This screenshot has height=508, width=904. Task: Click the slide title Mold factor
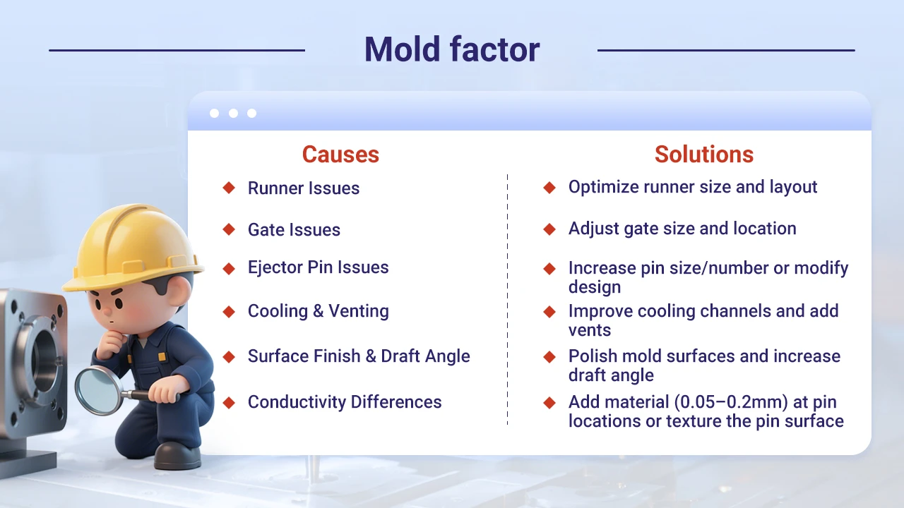pyautogui.click(x=452, y=49)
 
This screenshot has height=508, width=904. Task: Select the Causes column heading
pyautogui.click(x=340, y=155)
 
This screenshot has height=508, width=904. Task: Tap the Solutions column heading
pyautogui.click(x=703, y=155)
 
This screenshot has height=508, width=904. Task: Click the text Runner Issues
pyautogui.click(x=304, y=188)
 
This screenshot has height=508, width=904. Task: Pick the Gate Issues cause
pyautogui.click(x=294, y=230)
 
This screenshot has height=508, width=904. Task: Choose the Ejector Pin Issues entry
pyautogui.click(x=318, y=267)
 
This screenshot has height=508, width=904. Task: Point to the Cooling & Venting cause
pyautogui.click(x=318, y=311)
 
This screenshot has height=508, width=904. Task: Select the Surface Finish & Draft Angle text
pyautogui.click(x=359, y=356)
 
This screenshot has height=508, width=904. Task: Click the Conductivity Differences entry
pyautogui.click(x=345, y=402)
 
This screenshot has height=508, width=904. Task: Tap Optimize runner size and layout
pyautogui.click(x=693, y=187)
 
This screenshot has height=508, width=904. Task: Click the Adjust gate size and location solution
pyautogui.click(x=682, y=229)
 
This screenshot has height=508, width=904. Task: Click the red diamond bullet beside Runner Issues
pyautogui.click(x=229, y=188)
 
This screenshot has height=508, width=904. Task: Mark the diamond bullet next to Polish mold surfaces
pyautogui.click(x=549, y=357)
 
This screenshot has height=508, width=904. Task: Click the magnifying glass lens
pyautogui.click(x=99, y=388)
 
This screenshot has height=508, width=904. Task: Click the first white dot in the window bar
pyautogui.click(x=215, y=114)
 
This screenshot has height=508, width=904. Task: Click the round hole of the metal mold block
pyautogui.click(x=44, y=353)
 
